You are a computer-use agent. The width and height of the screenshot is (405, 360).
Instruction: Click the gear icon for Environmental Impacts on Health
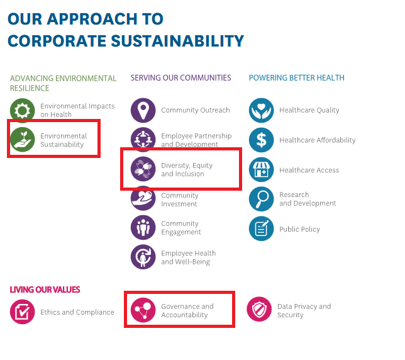click(23, 111)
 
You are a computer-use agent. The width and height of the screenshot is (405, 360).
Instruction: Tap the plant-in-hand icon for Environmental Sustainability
click(23, 140)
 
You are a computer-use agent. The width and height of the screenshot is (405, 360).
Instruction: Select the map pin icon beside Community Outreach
click(143, 110)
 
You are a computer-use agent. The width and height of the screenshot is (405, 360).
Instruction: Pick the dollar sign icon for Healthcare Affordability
click(262, 140)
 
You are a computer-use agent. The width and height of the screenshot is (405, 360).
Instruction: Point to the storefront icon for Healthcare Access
click(262, 170)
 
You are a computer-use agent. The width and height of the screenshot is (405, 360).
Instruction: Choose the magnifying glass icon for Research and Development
click(262, 200)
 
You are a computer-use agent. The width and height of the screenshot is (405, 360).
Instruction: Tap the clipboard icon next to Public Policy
click(262, 229)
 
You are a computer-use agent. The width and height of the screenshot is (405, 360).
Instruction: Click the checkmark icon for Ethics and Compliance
click(23, 312)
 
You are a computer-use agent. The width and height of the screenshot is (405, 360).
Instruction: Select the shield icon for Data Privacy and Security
click(259, 310)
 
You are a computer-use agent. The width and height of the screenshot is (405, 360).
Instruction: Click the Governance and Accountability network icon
click(143, 310)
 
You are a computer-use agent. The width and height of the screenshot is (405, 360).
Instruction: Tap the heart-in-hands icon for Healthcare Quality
click(262, 110)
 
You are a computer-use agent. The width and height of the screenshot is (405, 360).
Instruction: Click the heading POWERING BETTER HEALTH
click(296, 78)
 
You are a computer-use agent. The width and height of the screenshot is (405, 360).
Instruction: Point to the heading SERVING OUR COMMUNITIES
click(180, 78)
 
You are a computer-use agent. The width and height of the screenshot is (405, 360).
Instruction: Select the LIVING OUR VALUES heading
click(45, 290)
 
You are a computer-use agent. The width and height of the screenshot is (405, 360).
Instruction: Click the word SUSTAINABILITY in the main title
click(167, 42)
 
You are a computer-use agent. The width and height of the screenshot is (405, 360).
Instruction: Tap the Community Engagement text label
click(181, 228)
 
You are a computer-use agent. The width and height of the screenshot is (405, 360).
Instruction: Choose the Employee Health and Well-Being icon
click(143, 257)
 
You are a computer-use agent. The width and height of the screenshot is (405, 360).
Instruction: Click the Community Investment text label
click(180, 200)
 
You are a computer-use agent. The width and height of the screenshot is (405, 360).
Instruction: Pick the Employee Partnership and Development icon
click(143, 140)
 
